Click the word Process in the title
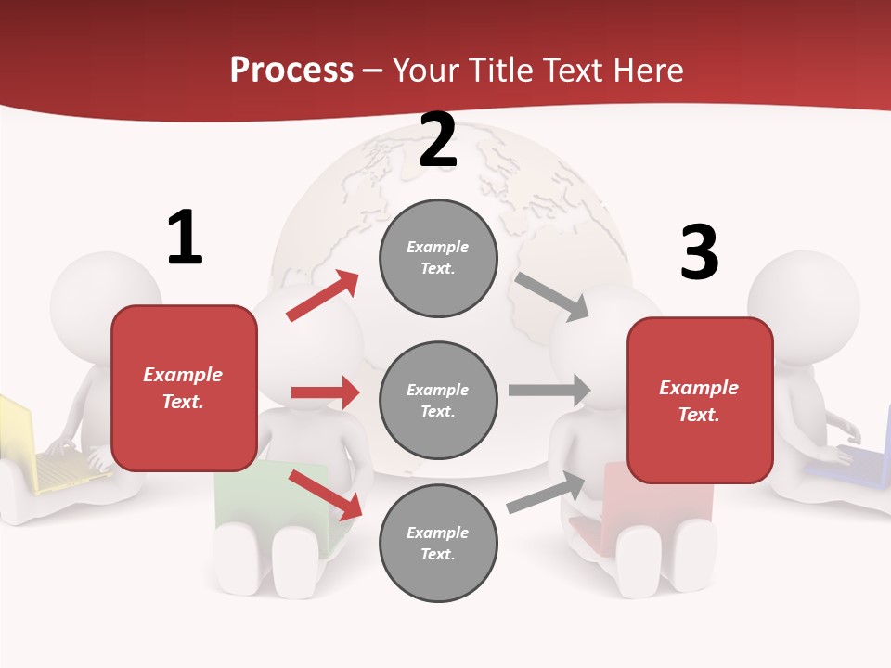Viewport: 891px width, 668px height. pyautogui.click(x=291, y=71)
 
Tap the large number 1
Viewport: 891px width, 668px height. pyautogui.click(x=185, y=238)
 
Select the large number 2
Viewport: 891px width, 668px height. pyautogui.click(x=437, y=140)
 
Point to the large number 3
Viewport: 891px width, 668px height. pyautogui.click(x=700, y=253)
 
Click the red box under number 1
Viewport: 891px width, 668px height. pyautogui.click(x=184, y=388)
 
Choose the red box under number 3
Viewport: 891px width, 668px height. pyautogui.click(x=700, y=401)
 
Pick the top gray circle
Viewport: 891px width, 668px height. pyautogui.click(x=438, y=258)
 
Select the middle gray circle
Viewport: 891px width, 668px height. pyautogui.click(x=438, y=400)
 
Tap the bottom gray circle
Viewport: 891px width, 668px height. pyautogui.click(x=438, y=543)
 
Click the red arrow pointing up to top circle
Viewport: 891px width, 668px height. pyautogui.click(x=323, y=296)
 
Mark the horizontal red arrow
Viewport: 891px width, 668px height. pyautogui.click(x=325, y=392)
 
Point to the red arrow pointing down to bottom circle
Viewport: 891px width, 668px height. pyautogui.click(x=325, y=495)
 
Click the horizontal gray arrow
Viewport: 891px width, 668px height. pyautogui.click(x=549, y=390)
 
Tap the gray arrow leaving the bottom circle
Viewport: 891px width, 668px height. pyautogui.click(x=547, y=493)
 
